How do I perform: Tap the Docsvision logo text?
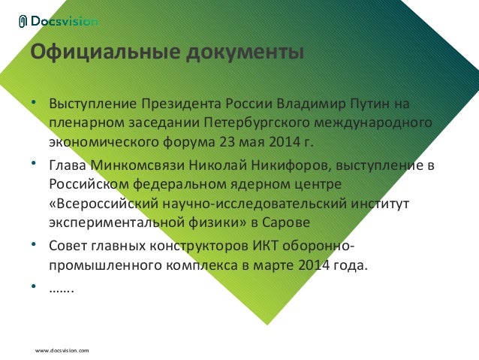[65, 22]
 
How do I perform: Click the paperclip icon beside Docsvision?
[23, 22]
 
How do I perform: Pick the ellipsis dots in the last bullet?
[61, 289]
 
